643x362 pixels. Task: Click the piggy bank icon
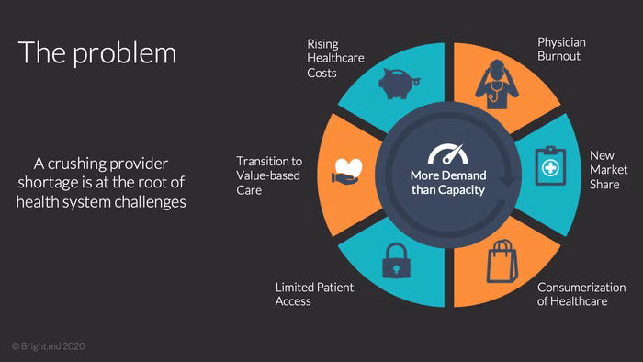399,84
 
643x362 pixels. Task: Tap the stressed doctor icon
497,84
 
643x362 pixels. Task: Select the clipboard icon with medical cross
550,166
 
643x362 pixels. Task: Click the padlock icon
396,261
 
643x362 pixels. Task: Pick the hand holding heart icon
347,171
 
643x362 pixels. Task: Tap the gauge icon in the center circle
448,153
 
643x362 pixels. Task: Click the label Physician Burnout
561,50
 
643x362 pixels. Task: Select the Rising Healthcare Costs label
335,58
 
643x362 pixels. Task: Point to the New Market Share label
608,170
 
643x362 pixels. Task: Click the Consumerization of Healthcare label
581,294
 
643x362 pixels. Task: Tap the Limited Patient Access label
314,294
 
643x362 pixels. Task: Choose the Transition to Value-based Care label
269,175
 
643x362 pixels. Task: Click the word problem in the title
125,53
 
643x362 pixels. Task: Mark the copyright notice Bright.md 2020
49,346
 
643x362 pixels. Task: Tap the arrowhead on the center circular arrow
508,180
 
